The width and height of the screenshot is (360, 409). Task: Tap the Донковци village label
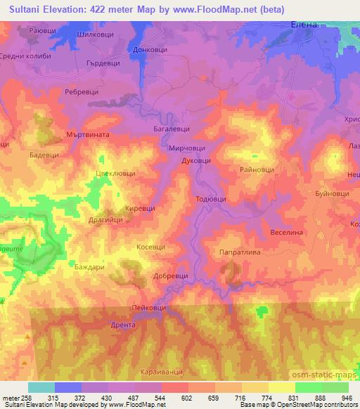coord(148,51)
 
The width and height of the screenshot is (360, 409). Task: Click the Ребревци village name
coord(79,93)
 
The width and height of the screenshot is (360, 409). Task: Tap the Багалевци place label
coord(170,129)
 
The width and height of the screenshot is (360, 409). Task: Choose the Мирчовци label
coord(186,149)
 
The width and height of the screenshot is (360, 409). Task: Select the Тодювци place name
coord(210,199)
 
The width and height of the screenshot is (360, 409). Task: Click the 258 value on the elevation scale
coord(21,398)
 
